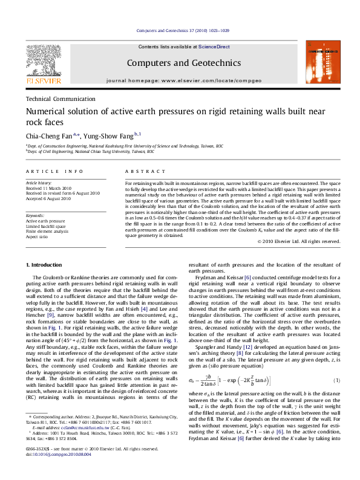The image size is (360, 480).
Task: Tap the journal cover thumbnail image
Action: coord(319,60)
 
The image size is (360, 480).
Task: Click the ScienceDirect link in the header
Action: coord(215,47)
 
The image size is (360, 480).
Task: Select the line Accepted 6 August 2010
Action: coord(49,198)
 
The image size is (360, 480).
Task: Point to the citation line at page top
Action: coord(180,30)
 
